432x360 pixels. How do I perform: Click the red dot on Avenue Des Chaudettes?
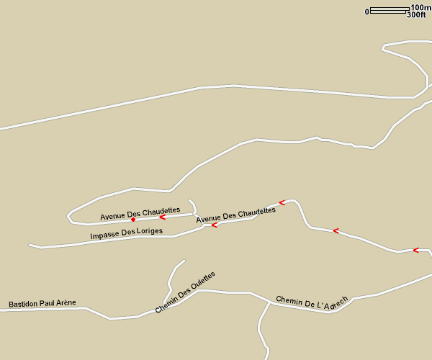133,220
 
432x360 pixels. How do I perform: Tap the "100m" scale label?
421,7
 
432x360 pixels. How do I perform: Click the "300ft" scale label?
416,14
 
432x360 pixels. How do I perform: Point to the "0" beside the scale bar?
367,12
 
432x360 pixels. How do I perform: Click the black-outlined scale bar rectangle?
388,10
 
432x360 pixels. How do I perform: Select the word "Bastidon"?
23,304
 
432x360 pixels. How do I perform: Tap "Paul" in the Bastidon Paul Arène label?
47,303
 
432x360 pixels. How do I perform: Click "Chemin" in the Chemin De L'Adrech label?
289,300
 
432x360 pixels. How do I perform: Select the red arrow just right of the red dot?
163,216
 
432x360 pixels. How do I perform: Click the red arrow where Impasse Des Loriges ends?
215,225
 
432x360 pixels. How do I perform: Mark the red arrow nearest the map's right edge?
415,251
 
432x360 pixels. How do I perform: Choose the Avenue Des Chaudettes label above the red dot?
140,213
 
